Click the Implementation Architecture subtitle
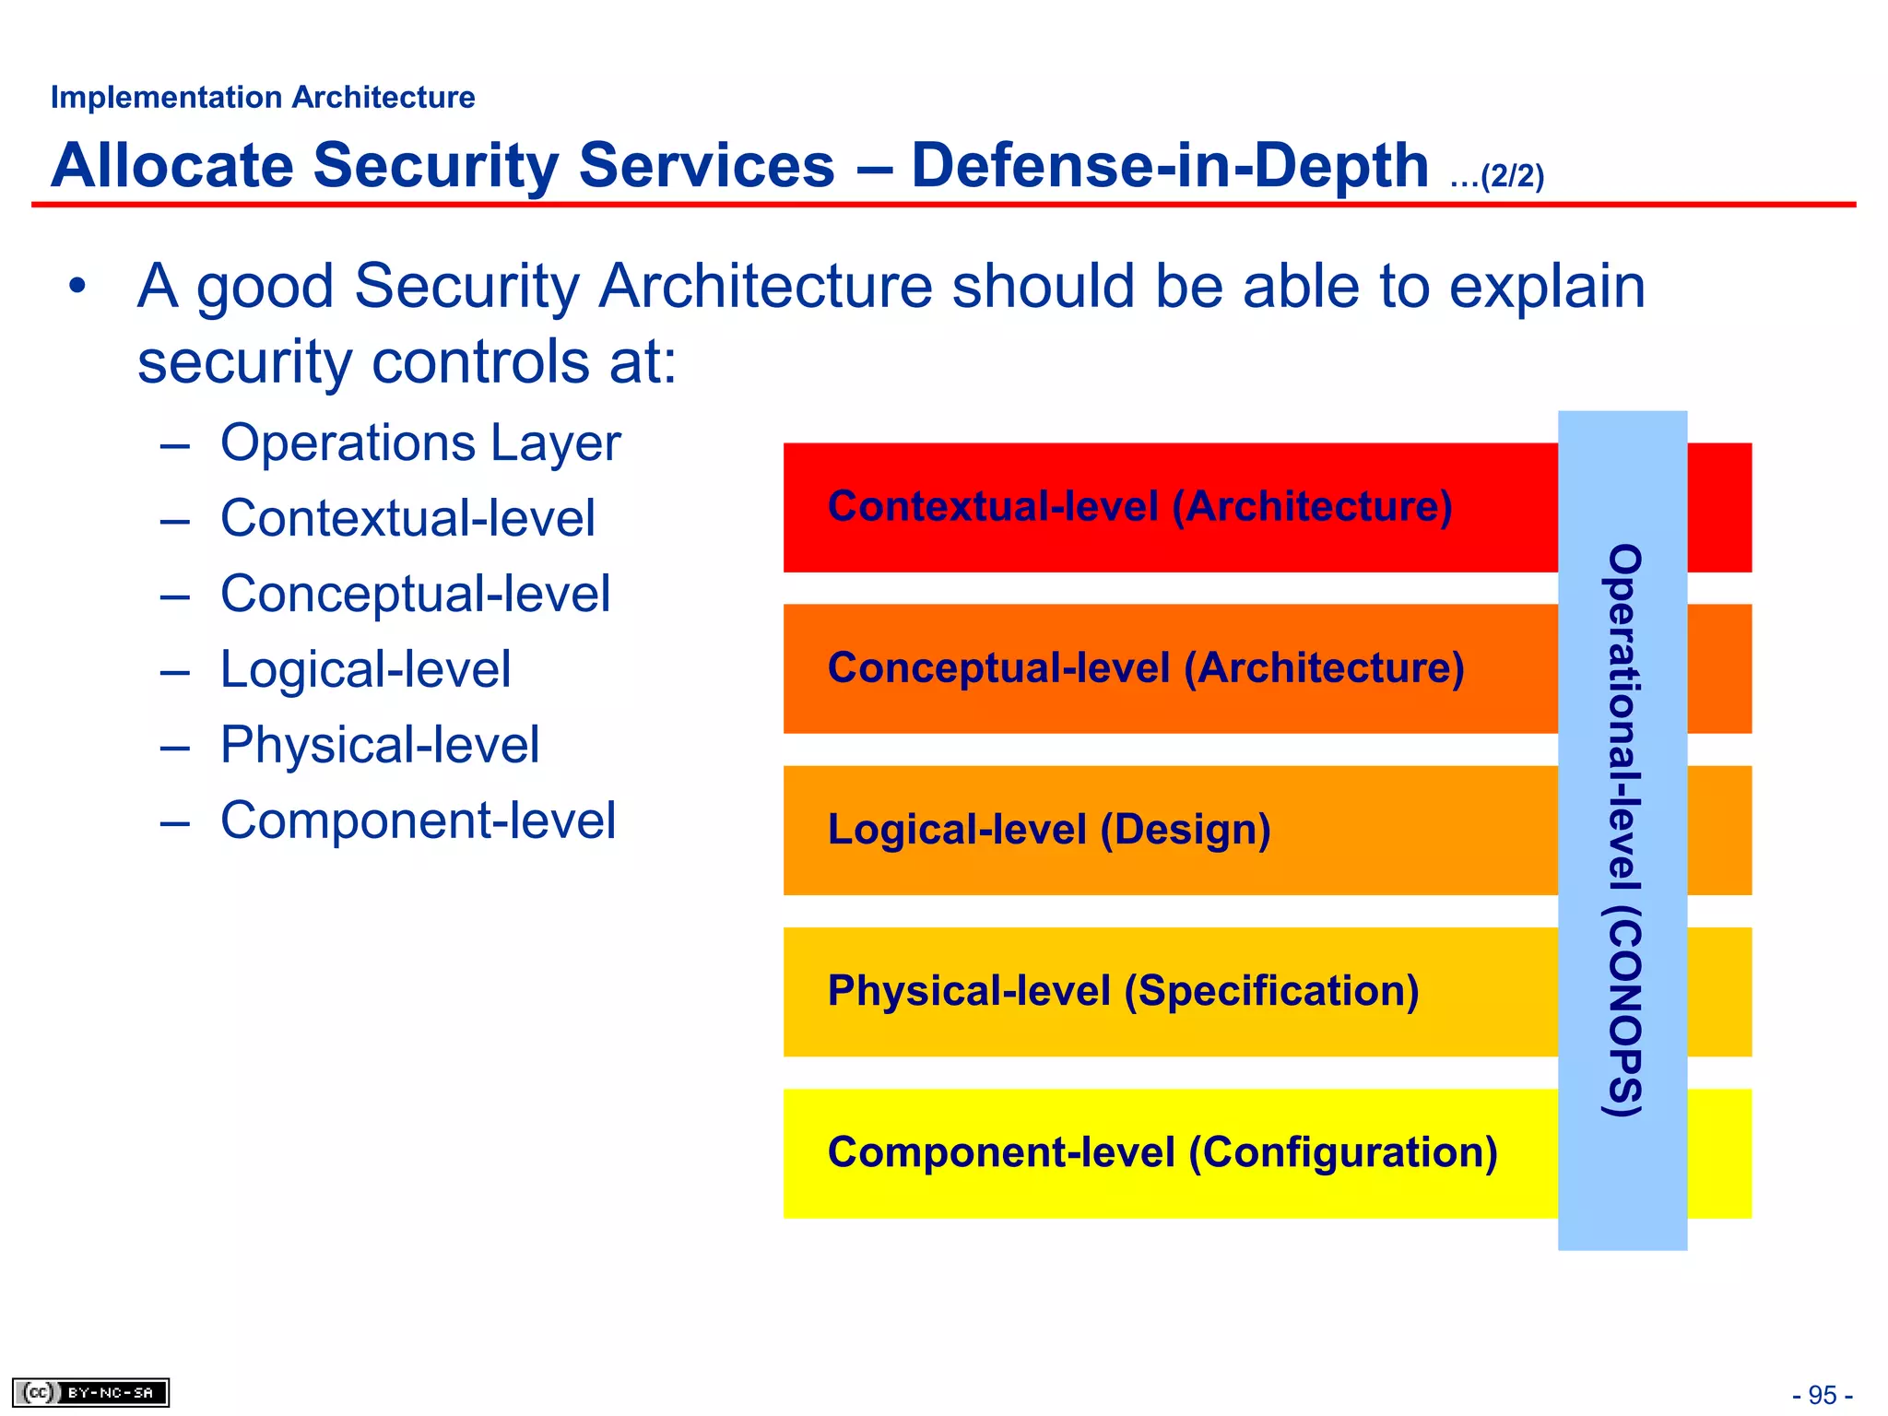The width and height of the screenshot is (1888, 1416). tap(263, 97)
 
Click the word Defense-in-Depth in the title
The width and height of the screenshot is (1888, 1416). tap(1169, 166)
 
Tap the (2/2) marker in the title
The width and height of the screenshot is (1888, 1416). tap(1511, 176)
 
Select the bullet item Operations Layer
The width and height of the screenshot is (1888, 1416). tap(419, 443)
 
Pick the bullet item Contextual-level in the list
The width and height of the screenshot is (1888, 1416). tap(407, 518)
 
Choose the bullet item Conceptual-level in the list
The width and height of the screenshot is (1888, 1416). tap(415, 594)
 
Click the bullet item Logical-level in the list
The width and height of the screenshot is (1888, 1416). tap(365, 669)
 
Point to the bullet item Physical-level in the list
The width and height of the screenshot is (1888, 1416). tap(379, 745)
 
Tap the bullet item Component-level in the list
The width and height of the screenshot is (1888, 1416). tap(417, 820)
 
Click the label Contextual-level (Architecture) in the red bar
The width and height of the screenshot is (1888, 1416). tap(1139, 506)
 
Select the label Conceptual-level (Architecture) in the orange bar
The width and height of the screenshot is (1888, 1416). tap(1145, 667)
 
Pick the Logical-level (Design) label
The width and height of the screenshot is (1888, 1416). tap(1049, 830)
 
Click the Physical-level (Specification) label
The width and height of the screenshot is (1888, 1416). tap(1123, 991)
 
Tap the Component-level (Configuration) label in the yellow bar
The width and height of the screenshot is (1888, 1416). tap(1162, 1152)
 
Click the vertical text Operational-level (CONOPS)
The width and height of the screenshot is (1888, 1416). tap(1623, 830)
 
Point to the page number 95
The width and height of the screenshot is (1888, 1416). tap(1822, 1395)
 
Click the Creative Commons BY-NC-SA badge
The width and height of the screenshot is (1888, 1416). tap(90, 1392)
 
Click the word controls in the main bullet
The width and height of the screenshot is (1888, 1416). tap(480, 361)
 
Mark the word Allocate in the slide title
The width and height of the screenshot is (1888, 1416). tap(171, 166)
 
